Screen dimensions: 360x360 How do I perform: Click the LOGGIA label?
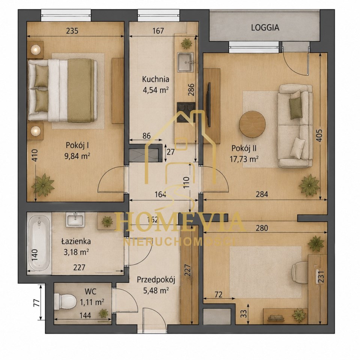(265, 27)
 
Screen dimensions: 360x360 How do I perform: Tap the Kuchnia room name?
(156, 79)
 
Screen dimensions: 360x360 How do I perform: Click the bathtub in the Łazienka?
(39, 243)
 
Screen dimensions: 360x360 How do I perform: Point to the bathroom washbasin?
(75, 219)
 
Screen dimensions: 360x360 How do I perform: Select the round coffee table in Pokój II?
(252, 124)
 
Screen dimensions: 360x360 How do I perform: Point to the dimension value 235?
(72, 31)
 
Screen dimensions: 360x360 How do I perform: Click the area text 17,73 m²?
(244, 159)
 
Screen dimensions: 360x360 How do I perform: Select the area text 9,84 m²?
(77, 156)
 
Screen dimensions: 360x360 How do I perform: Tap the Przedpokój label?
(156, 280)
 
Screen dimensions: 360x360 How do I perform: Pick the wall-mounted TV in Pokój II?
(209, 105)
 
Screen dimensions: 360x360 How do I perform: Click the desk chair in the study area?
(300, 273)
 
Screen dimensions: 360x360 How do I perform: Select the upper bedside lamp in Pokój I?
(36, 49)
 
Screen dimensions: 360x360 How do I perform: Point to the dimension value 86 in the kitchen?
(146, 136)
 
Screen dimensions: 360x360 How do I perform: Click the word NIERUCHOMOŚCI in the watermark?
(179, 241)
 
